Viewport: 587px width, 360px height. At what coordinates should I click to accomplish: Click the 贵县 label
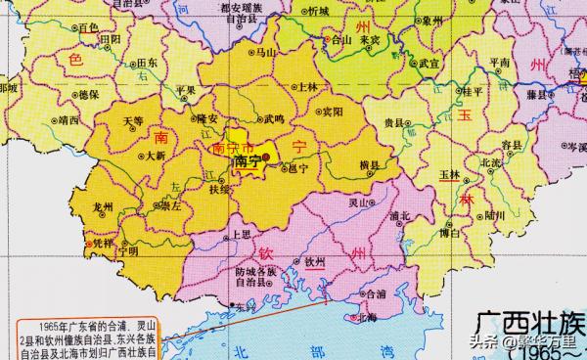395,122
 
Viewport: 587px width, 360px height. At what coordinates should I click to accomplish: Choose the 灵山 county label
362,202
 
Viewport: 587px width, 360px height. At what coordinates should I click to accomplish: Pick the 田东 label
148,61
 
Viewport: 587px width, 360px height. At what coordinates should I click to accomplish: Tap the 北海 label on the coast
368,316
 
